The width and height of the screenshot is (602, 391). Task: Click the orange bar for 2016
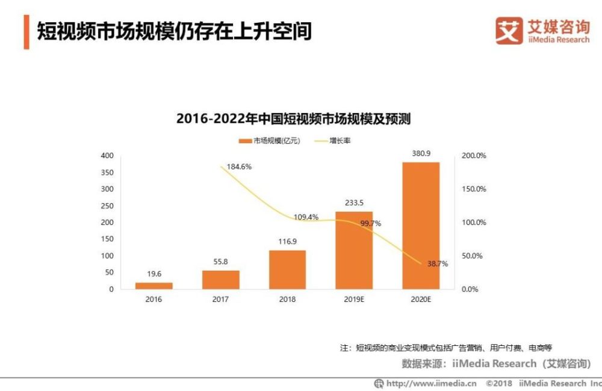[154, 286]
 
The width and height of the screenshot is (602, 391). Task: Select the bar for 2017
[220, 280]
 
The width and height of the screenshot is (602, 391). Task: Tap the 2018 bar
[287, 269]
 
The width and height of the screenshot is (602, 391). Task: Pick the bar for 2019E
[354, 250]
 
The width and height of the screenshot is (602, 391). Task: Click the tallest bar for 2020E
[421, 226]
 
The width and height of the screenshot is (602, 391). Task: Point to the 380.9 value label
[421, 153]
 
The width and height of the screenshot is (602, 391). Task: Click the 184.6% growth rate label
[240, 167]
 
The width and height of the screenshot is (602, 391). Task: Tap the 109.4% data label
[306, 217]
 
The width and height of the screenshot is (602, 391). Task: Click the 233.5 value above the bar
[354, 203]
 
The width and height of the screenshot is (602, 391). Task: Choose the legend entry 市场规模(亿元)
[270, 141]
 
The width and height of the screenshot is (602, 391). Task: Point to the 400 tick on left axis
[107, 156]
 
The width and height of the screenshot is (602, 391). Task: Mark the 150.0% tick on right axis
[473, 189]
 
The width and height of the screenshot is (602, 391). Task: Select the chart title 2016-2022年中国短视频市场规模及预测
[293, 119]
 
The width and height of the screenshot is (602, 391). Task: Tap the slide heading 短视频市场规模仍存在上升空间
[175, 31]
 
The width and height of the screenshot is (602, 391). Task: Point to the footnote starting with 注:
[445, 348]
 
